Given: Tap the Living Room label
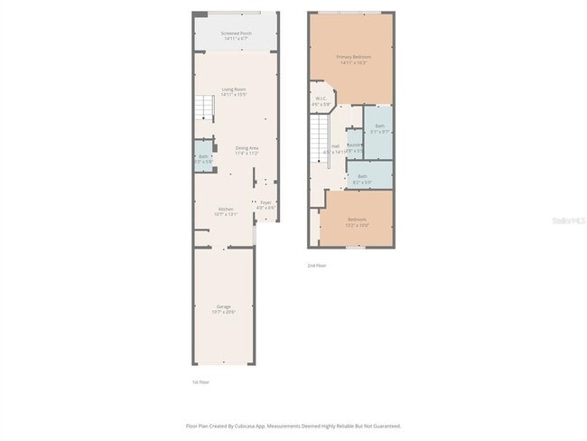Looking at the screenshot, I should pyautogui.click(x=234, y=91).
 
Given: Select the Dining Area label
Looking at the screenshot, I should pyautogui.click(x=247, y=150).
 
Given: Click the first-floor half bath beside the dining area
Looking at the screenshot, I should pyautogui.click(x=203, y=158).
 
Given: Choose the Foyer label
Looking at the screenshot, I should pyautogui.click(x=266, y=205).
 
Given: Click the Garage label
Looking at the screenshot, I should pyautogui.click(x=223, y=309).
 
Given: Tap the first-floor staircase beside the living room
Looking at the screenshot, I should pyautogui.click(x=206, y=110).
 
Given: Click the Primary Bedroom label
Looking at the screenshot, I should pyautogui.click(x=355, y=60).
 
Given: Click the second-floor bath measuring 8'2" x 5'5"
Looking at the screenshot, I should pyautogui.click(x=362, y=178).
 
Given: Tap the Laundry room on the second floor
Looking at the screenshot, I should pyautogui.click(x=354, y=147).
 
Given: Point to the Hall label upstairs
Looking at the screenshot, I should pyautogui.click(x=335, y=148).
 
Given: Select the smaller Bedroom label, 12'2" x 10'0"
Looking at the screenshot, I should pyautogui.click(x=357, y=222).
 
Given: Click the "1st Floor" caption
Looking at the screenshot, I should pyautogui.click(x=201, y=381).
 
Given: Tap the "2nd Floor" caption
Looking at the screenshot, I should pyautogui.click(x=316, y=266).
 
